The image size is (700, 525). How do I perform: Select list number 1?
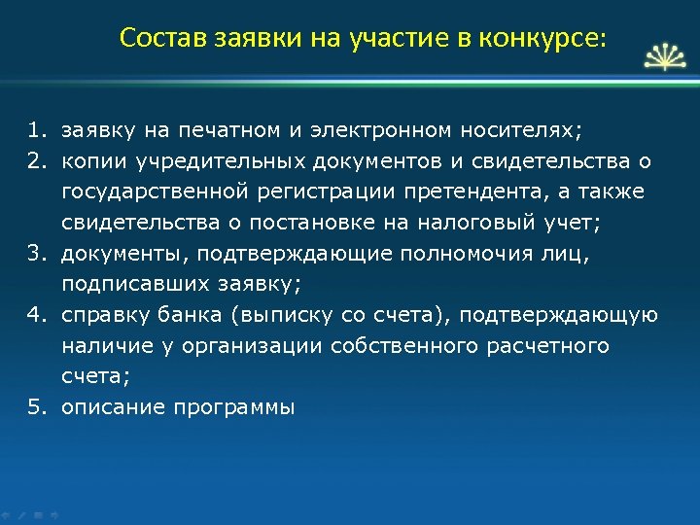tap(37, 128)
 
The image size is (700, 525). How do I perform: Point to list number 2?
tap(37, 159)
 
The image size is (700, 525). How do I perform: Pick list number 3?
tap(37, 253)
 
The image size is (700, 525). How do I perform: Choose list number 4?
tap(37, 315)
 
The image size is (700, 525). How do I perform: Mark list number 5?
tap(37, 408)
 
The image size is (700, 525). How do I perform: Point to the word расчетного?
tap(553, 346)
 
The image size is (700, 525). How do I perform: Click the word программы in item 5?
tap(233, 408)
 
